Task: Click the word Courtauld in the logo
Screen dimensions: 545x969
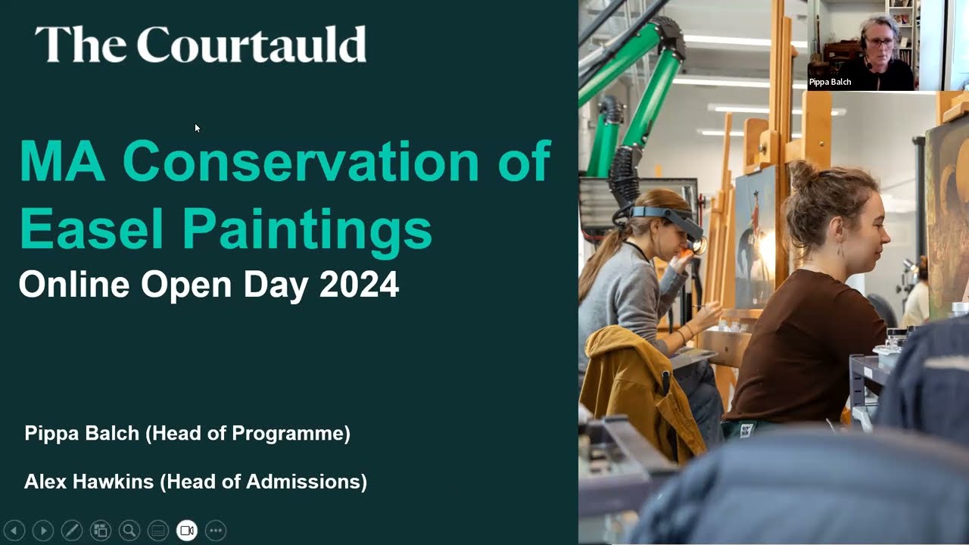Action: (251, 45)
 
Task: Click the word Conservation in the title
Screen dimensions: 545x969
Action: (301, 161)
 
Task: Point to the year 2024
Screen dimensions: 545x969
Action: (359, 285)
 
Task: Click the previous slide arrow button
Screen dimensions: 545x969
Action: (14, 531)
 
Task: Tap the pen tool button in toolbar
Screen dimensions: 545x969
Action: (72, 531)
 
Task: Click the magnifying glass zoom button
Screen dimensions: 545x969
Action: (129, 531)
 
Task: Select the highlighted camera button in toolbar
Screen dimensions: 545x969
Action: (187, 531)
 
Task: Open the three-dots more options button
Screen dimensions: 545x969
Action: (216, 531)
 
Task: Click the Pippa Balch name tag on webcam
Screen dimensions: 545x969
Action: (830, 82)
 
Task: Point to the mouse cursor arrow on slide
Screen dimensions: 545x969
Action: (197, 128)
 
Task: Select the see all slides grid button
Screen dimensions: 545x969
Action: (101, 531)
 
